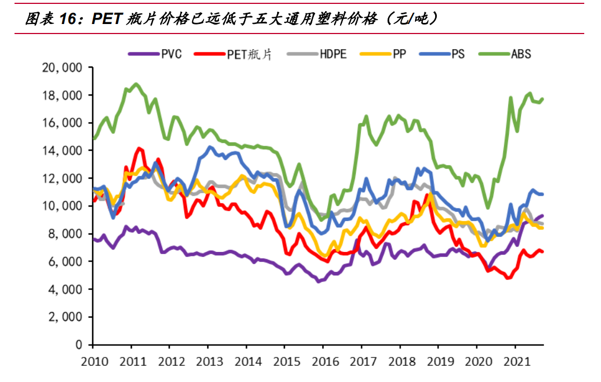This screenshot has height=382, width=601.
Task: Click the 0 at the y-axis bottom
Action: click(79, 345)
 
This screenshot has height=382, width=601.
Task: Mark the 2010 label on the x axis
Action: click(93, 361)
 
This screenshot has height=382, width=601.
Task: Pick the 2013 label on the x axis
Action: click(208, 361)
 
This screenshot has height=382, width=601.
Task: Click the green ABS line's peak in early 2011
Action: click(136, 84)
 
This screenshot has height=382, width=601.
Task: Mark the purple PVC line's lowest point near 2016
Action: click(319, 281)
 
